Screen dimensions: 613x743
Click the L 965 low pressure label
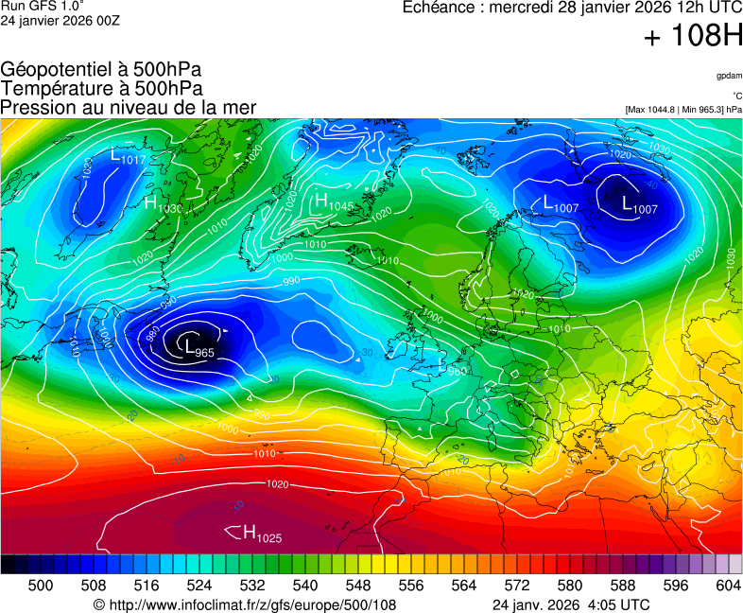pos(199,350)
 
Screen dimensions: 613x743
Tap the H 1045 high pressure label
pos(334,202)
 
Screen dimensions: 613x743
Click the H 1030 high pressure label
pos(164,204)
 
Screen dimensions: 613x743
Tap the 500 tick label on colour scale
pos(41,586)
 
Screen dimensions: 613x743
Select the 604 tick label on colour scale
pos(728,586)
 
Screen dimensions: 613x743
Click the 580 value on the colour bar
pos(569,586)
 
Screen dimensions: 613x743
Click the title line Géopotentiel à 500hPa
pos(101,70)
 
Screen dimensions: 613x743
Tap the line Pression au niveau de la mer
pos(129,107)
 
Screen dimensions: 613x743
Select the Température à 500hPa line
pos(101,88)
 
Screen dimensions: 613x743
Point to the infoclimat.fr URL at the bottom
pos(245,604)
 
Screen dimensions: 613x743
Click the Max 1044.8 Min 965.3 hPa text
pos(683,110)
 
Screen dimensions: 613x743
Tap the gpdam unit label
pos(729,76)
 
